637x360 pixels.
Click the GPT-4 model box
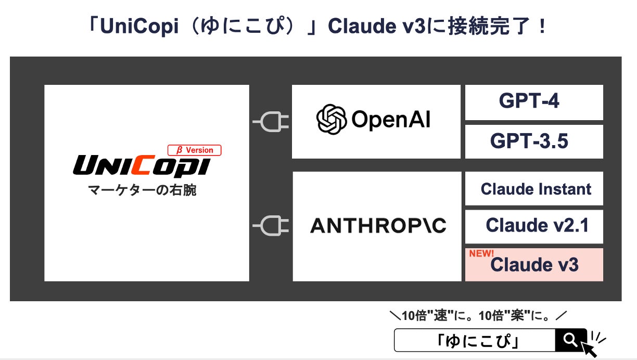[x=533, y=102]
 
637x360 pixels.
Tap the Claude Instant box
[x=536, y=189]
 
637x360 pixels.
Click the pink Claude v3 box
[x=534, y=265]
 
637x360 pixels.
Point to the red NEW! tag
[x=481, y=254]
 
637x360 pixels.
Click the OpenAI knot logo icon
[x=332, y=120]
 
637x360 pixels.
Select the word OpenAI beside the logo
[x=391, y=120]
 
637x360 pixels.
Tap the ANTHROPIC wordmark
[x=378, y=226]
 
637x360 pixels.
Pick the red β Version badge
[x=195, y=150]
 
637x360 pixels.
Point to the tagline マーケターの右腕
[x=142, y=190]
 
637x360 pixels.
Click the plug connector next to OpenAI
[x=271, y=122]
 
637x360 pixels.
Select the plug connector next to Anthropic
[x=271, y=225]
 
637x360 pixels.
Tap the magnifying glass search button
[x=570, y=340]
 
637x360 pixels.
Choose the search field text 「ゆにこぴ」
[x=476, y=341]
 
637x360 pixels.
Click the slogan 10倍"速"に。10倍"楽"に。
[x=478, y=315]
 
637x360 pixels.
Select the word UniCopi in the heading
[x=132, y=27]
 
